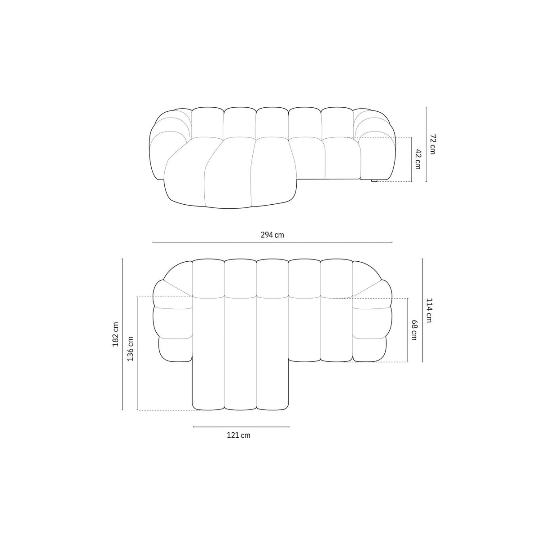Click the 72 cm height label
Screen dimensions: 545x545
pyautogui.click(x=432, y=144)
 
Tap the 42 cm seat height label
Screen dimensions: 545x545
pyautogui.click(x=418, y=159)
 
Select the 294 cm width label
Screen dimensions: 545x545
pyautogui.click(x=272, y=235)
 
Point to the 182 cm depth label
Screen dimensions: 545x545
pyautogui.click(x=115, y=334)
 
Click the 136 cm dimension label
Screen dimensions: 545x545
pyautogui.click(x=130, y=348)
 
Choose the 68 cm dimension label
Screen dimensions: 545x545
pyautogui.click(x=413, y=330)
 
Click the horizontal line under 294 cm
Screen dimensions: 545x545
pyautogui.click(x=272, y=242)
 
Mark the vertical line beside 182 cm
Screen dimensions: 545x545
pyautogui.click(x=122, y=334)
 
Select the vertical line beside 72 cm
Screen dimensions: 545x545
pyautogui.click(x=426, y=144)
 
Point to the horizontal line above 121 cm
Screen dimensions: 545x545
pyautogui.click(x=241, y=426)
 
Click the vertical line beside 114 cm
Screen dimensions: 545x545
pyautogui.click(x=422, y=310)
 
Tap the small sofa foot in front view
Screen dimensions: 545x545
pyautogui.click(x=374, y=180)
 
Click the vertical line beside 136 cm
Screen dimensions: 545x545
pyautogui.click(x=137, y=353)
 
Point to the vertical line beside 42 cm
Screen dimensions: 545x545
pyautogui.click(x=411, y=159)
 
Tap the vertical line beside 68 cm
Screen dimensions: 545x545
pyautogui.click(x=407, y=330)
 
